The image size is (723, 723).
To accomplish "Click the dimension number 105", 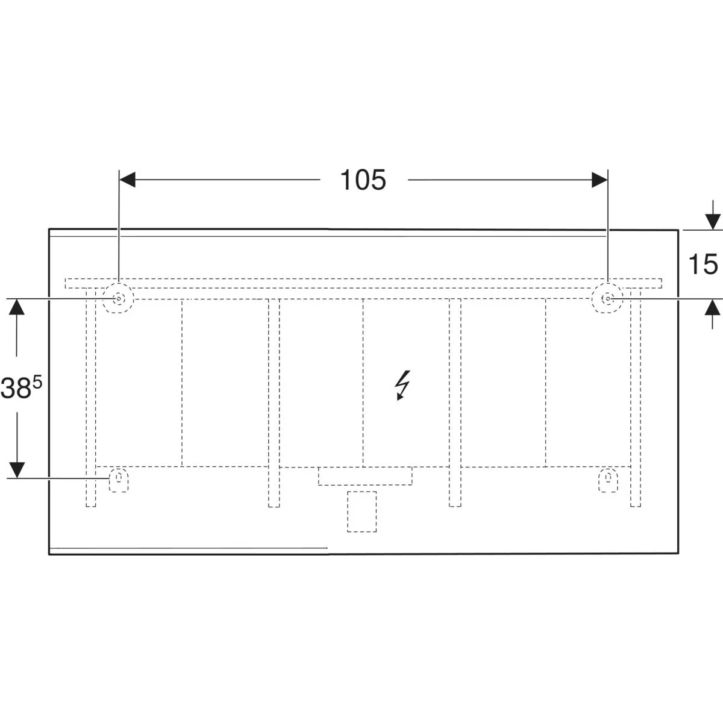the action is point(363,180).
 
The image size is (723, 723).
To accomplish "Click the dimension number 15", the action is point(703,264).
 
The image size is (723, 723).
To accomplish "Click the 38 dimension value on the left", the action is point(17,389).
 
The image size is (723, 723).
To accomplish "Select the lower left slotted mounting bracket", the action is point(119,480).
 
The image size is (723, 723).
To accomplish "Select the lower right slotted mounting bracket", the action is point(608,480).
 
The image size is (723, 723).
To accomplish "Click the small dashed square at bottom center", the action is point(361,512).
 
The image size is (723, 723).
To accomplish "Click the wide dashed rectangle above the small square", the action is point(365,476).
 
